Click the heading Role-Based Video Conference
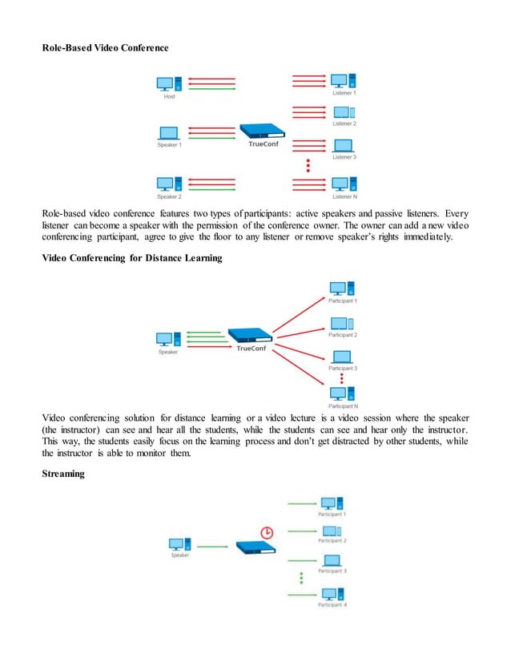(106, 47)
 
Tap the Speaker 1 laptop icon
(169, 133)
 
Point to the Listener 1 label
(344, 95)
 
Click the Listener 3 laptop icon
(343, 146)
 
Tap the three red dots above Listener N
(308, 166)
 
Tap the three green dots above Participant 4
(301, 577)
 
